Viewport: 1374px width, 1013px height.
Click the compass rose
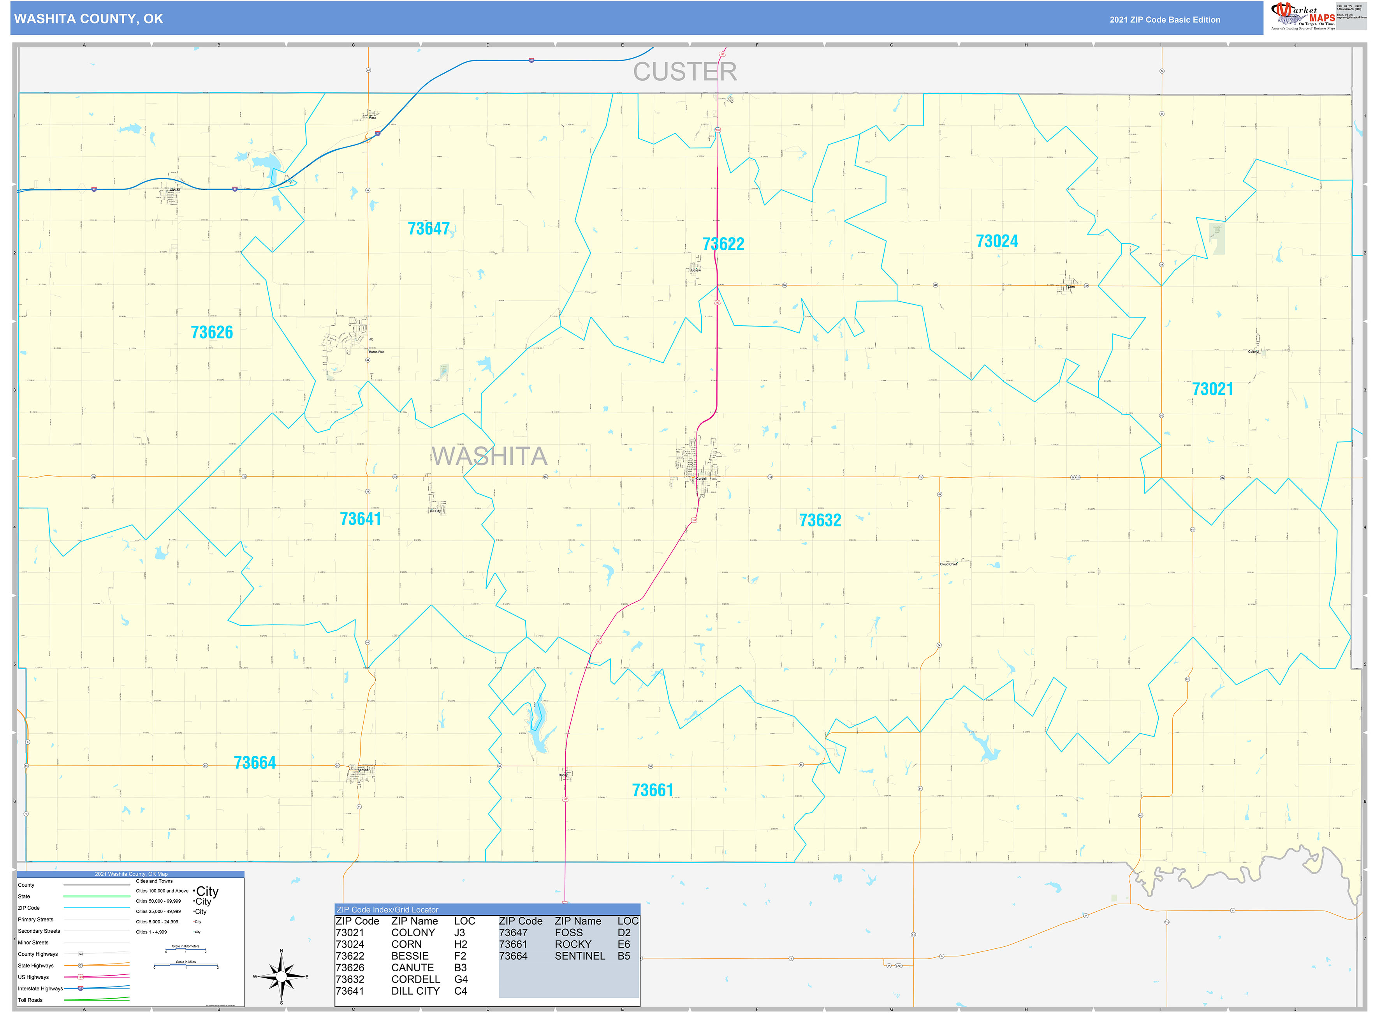pyautogui.click(x=281, y=976)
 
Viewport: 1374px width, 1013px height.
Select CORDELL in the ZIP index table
pyautogui.click(x=415, y=979)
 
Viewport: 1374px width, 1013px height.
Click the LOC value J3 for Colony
pyautogui.click(x=460, y=933)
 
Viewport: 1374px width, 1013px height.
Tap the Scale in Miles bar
pyautogui.click(x=186, y=966)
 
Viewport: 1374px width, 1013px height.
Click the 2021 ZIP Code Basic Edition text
pyautogui.click(x=1165, y=19)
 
